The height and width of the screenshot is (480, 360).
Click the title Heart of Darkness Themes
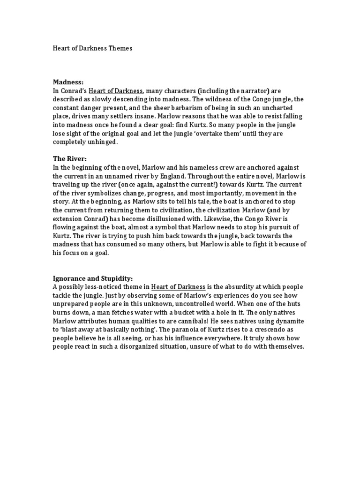92,48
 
